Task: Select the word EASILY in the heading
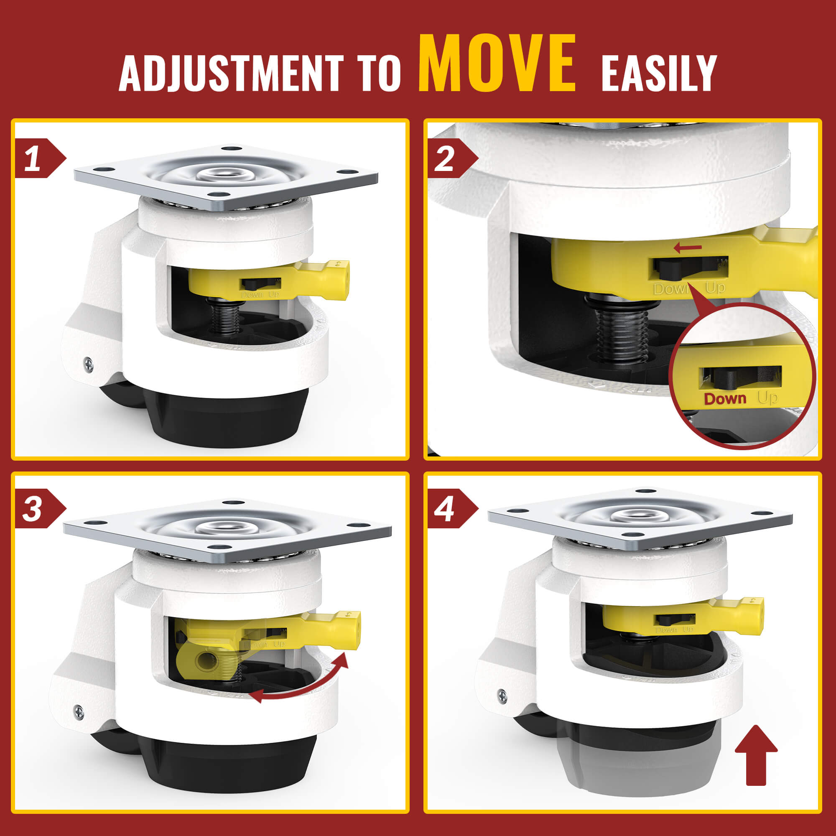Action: (x=659, y=73)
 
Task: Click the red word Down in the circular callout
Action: (x=725, y=398)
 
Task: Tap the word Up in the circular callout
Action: (x=767, y=398)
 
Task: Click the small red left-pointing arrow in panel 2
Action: (x=688, y=248)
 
